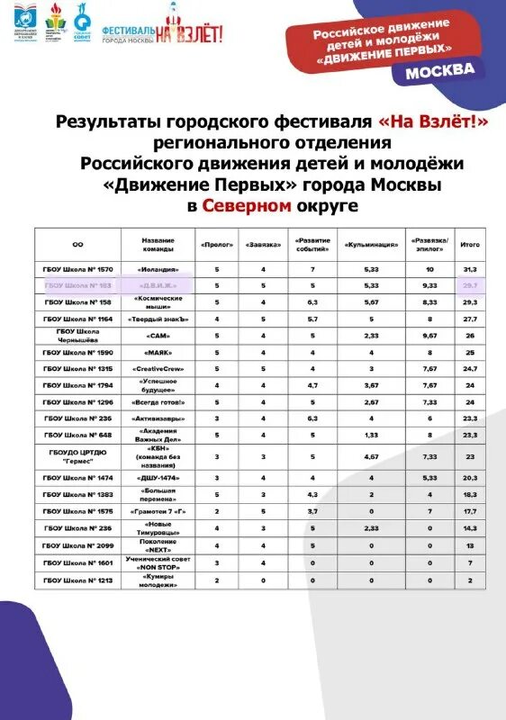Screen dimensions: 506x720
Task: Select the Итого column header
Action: coord(469,244)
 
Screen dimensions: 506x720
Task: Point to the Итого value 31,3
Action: coord(469,269)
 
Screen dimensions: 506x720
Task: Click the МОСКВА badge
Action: coord(439,71)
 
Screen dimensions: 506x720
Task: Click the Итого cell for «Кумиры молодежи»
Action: coord(469,580)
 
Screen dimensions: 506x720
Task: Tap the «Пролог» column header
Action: coord(217,244)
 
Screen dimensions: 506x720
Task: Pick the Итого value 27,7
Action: coord(469,319)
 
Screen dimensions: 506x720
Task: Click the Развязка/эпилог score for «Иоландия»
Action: coord(429,269)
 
